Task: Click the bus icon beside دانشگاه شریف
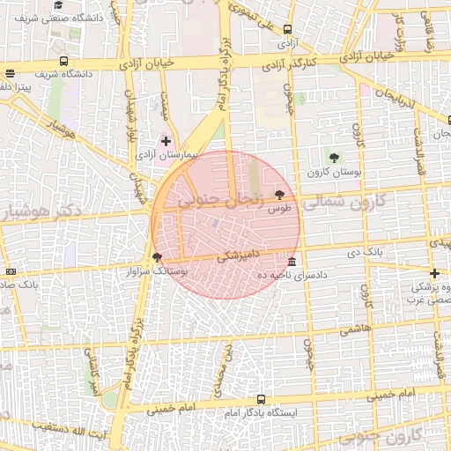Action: point(64,61)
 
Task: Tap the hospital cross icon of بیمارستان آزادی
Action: point(166,141)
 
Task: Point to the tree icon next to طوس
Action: point(280,195)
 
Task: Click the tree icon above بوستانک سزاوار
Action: point(158,257)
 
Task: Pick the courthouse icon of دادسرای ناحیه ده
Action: point(292,262)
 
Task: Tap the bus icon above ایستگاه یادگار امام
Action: point(262,398)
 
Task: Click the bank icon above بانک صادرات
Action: point(10,272)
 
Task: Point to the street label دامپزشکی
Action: point(238,255)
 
